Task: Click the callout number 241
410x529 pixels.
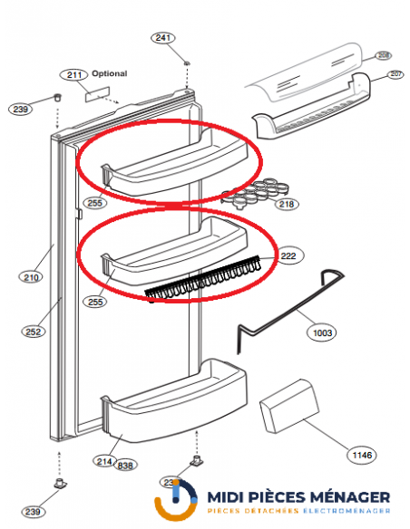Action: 162,37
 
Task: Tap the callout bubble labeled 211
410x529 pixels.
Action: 73,74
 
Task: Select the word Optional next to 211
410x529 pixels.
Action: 109,73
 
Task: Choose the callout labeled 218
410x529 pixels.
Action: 287,204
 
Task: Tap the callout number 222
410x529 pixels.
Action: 289,256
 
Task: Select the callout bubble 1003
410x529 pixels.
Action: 320,332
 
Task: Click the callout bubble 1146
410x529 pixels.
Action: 362,452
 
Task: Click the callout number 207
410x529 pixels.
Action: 395,74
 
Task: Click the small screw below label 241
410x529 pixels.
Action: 185,63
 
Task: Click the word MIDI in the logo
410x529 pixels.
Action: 230,497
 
